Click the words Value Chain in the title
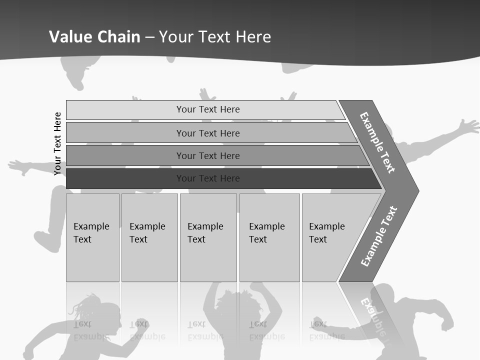click(x=94, y=37)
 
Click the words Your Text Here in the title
click(x=215, y=37)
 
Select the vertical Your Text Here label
click(x=57, y=144)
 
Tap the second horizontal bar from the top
click(x=207, y=133)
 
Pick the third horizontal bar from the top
click(x=207, y=155)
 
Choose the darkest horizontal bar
click(x=207, y=178)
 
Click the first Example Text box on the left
click(x=92, y=237)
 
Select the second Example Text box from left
click(x=149, y=237)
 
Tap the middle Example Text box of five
click(x=208, y=237)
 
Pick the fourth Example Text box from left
click(x=269, y=237)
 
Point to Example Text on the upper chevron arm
click(x=377, y=142)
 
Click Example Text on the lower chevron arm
click(x=379, y=236)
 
